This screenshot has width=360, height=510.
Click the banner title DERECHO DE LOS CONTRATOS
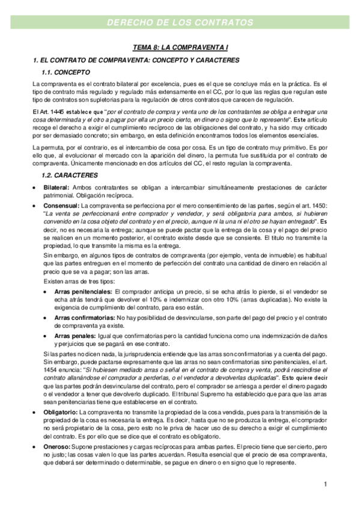pos(180,22)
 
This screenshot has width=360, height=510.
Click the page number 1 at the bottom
pos(324,484)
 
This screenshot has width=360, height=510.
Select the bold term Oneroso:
pos(56,447)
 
